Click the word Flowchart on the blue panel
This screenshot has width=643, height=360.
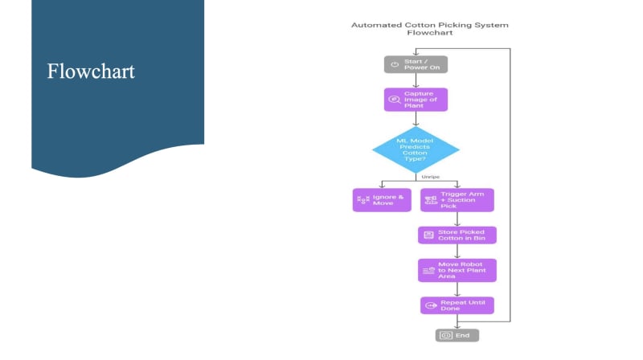point(91,72)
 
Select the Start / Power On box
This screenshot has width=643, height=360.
point(416,64)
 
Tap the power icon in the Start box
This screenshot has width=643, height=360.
point(395,64)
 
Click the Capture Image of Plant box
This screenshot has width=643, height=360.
point(416,100)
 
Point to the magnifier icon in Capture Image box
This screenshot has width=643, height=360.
point(394,100)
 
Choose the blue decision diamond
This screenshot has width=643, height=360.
point(416,149)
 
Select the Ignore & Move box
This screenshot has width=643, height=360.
point(382,200)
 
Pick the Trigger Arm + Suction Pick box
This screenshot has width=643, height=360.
point(457,200)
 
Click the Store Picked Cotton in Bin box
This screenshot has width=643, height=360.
point(457,235)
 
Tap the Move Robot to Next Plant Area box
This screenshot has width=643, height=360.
point(457,270)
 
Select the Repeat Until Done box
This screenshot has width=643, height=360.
point(457,305)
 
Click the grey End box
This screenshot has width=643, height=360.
point(457,335)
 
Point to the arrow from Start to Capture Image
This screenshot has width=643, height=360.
point(416,80)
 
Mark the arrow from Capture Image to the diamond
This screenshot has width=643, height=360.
point(416,119)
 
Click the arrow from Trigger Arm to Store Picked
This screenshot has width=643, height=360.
point(457,219)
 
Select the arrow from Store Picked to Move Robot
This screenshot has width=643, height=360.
point(457,251)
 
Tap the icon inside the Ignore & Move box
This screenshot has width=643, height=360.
point(363,200)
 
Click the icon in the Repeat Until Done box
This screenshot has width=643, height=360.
point(430,305)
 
